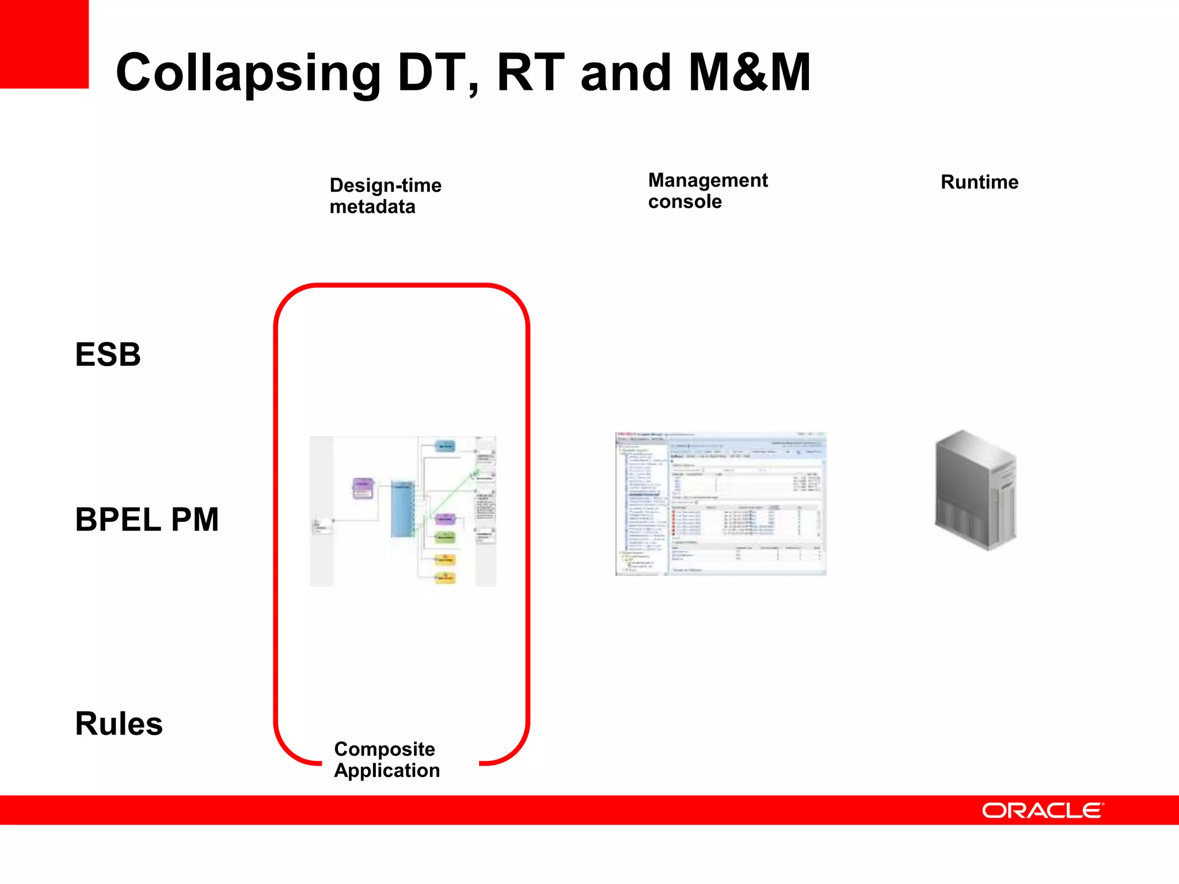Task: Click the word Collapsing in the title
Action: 248,73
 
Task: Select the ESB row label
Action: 108,354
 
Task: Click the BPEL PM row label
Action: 147,519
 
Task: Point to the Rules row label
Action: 119,723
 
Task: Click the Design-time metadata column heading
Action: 385,196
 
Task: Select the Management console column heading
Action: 708,190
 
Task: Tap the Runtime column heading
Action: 979,182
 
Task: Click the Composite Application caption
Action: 386,760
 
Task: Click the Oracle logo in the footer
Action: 1043,810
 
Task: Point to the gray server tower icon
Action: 976,490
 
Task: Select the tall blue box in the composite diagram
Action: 402,509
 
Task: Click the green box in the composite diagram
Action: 445,537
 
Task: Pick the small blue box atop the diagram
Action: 446,446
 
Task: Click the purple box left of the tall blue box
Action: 363,489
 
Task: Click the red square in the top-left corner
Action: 44,44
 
